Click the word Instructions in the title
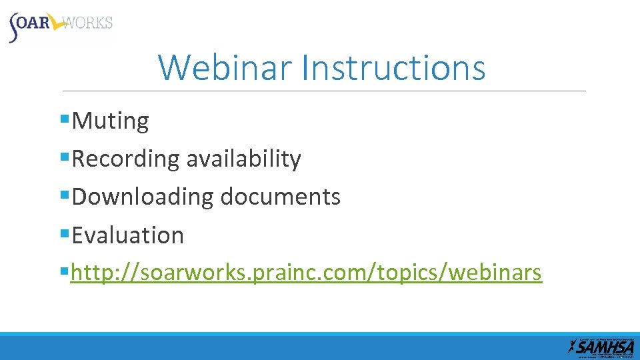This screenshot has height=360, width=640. tap(393, 67)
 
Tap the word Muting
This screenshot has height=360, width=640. tap(111, 121)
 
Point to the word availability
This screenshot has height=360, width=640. tap(243, 159)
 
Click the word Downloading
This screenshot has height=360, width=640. tap(143, 197)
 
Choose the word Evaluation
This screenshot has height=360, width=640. tap(128, 235)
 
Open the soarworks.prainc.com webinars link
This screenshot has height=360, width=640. tap(306, 273)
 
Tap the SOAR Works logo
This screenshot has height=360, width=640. tap(60, 25)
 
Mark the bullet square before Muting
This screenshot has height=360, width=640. tap(65, 120)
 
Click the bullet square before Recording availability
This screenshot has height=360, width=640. tap(65, 158)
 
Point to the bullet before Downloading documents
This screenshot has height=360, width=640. tap(65, 196)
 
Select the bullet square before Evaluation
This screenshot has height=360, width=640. tap(65, 234)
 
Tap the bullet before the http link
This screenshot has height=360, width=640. tap(65, 272)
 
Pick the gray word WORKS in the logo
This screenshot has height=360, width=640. tap(90, 23)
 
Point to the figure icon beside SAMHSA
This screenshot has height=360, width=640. tap(571, 347)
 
